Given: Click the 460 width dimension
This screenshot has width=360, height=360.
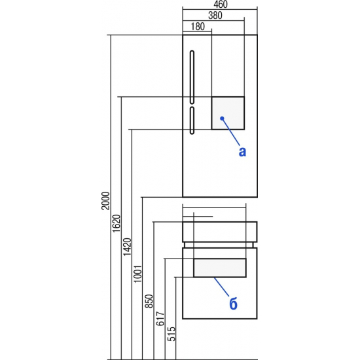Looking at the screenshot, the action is click(221, 5).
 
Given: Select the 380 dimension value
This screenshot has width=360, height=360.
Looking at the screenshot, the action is click(215, 16).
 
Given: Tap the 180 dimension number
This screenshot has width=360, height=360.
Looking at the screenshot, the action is click(198, 26).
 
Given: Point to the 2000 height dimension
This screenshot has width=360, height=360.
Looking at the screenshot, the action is click(105, 200).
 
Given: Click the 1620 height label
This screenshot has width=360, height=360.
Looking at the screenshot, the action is click(117, 223).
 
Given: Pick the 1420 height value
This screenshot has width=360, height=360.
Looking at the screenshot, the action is click(127, 247).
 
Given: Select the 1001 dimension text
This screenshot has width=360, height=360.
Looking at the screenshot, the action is click(138, 274).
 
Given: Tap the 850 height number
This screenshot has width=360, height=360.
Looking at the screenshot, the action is click(149, 301).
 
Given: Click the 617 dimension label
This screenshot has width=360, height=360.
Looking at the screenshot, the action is click(160, 319).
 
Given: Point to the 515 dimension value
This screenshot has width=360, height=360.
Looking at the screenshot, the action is click(171, 334).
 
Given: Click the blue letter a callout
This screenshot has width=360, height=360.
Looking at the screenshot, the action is click(242, 152).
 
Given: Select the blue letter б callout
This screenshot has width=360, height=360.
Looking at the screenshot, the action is click(233, 303).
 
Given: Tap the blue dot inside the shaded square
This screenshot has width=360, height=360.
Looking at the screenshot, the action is click(222, 118).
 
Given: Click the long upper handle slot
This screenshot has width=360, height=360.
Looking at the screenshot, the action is click(192, 77).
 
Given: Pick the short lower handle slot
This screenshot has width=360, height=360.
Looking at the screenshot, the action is click(192, 120).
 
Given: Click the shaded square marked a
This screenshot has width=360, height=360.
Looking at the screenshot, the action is click(228, 113).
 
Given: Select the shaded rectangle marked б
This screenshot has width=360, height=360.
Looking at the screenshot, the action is click(220, 268).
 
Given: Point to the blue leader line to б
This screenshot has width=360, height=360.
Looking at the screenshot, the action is click(221, 287).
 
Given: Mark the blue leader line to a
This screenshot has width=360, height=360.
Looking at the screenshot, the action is click(231, 132).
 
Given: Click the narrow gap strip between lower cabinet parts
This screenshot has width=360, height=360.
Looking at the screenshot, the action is click(220, 245).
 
